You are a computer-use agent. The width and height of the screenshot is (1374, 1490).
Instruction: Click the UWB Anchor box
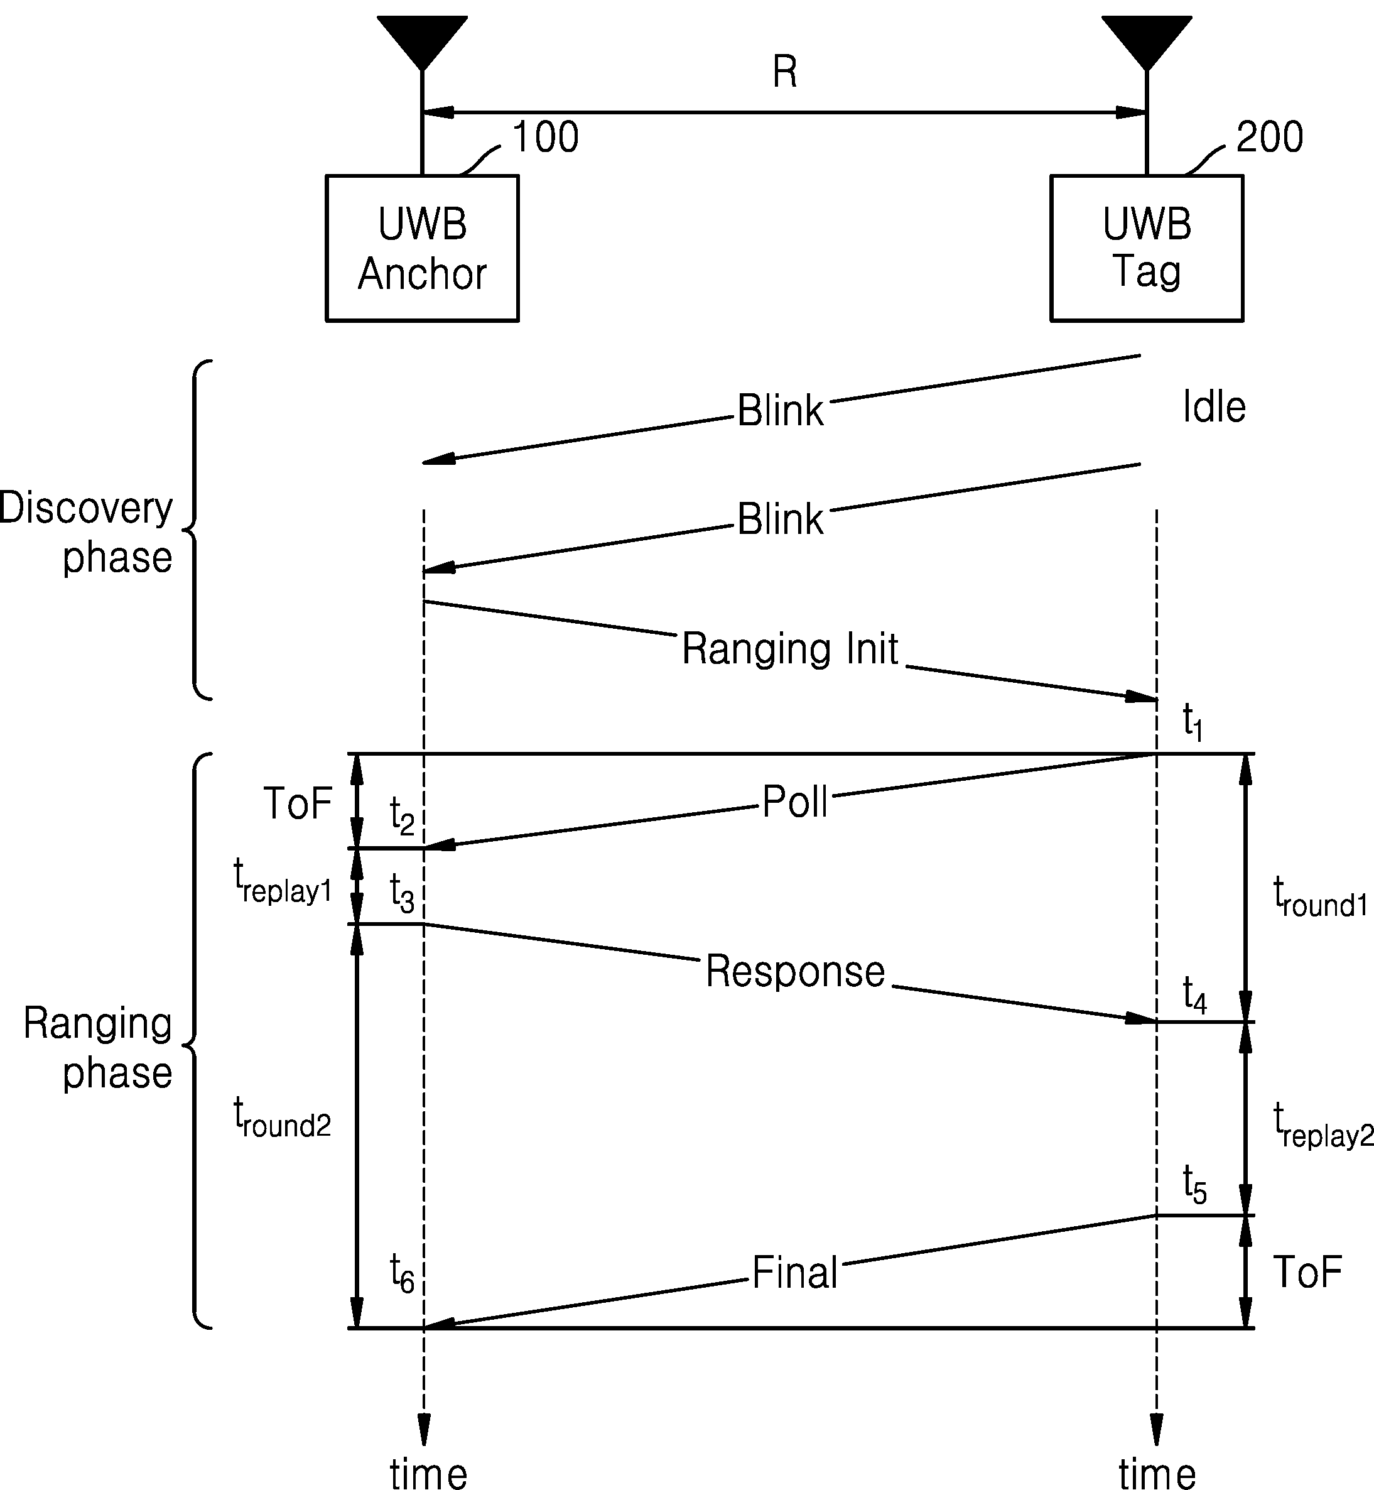pos(423,249)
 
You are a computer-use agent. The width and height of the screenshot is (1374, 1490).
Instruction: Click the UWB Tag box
pos(1147,249)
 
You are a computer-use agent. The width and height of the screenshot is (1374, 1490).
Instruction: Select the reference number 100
pos(546,137)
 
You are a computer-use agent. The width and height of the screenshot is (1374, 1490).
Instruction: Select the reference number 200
pos(1269,137)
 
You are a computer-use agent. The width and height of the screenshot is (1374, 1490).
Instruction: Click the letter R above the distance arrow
pos(785,72)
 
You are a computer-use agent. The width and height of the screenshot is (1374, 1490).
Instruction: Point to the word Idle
pos(1214,407)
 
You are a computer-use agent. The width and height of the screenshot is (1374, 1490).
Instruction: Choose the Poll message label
pos(795,802)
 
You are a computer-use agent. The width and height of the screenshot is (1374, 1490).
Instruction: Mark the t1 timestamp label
pos(1193,722)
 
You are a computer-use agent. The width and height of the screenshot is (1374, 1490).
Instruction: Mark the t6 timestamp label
pos(403,1273)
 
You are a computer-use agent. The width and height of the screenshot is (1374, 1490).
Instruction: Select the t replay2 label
pos(1323,1125)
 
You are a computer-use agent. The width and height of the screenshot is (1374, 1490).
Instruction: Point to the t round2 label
pos(282,1118)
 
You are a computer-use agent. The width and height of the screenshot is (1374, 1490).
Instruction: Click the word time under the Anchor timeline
pos(428,1473)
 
